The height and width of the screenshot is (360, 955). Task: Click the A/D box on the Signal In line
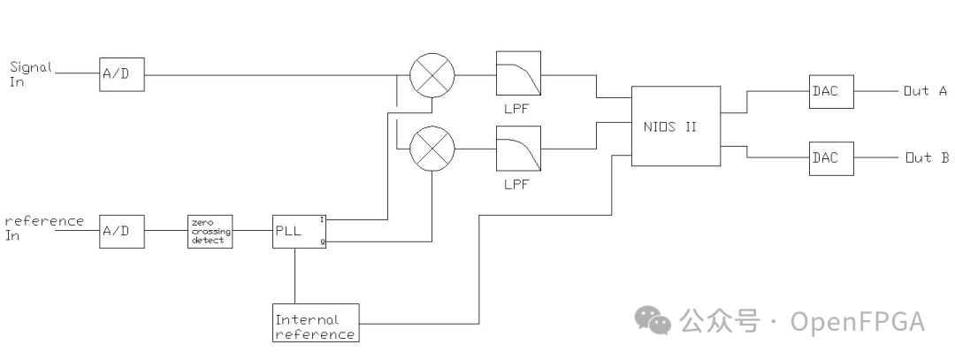pyautogui.click(x=121, y=75)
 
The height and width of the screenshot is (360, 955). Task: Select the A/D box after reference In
pyautogui.click(x=121, y=230)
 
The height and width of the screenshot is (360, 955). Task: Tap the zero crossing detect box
pyautogui.click(x=210, y=230)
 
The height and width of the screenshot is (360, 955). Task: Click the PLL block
pyautogui.click(x=298, y=230)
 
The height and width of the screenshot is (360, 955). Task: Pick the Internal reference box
pyautogui.click(x=316, y=323)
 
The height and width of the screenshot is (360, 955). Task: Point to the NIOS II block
pyautogui.click(x=675, y=126)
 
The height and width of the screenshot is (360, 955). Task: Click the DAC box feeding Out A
pyautogui.click(x=831, y=91)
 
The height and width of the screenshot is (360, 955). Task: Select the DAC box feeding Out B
pyautogui.click(x=831, y=158)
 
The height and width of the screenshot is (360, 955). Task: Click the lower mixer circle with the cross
pyautogui.click(x=432, y=147)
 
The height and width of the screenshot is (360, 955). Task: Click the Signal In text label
pyautogui.click(x=31, y=73)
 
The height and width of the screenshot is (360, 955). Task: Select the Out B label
pyautogui.click(x=927, y=158)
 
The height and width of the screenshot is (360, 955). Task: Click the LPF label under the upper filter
pyautogui.click(x=516, y=110)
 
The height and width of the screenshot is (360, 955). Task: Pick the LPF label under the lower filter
pyautogui.click(x=516, y=186)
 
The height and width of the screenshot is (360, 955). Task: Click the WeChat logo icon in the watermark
pyautogui.click(x=655, y=322)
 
